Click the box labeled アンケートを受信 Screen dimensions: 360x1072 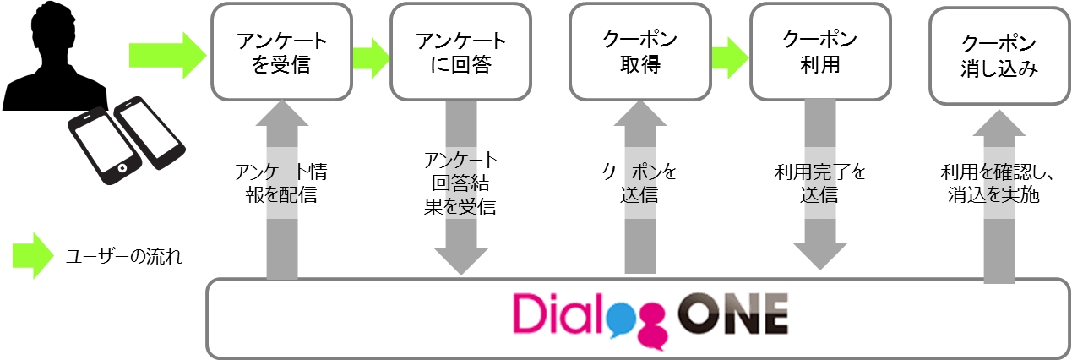click(281, 53)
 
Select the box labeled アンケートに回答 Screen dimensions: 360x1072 click(460, 53)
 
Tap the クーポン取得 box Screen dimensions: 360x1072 click(639, 52)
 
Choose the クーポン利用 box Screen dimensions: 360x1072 click(819, 52)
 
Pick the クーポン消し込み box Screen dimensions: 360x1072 click(999, 55)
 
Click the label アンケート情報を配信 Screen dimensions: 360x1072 click(281, 185)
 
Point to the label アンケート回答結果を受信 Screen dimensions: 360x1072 click(460, 183)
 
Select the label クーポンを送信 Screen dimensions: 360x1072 click(639, 184)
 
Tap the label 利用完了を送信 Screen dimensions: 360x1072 click(819, 184)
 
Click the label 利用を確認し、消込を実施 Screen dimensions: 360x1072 click(999, 184)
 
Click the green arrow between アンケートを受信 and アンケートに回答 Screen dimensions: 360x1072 click(371, 56)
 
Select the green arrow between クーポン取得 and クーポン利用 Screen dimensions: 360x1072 click(729, 56)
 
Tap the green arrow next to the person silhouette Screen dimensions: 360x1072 click(167, 56)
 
